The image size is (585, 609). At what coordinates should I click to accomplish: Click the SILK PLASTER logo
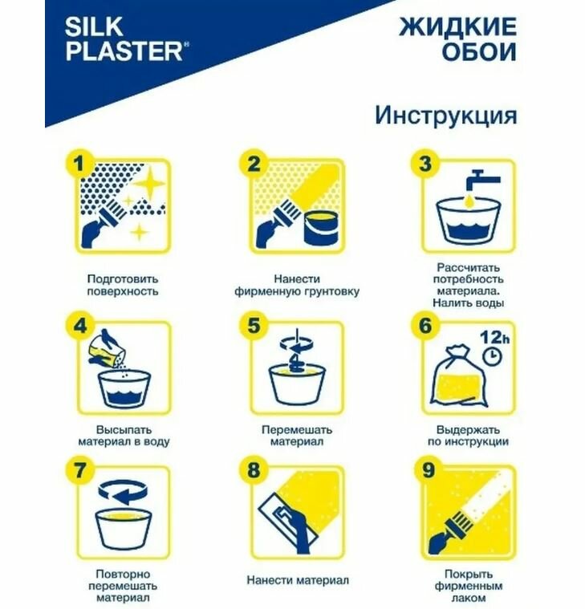pyautogui.click(x=127, y=39)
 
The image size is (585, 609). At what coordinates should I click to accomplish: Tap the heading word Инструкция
pyautogui.click(x=446, y=116)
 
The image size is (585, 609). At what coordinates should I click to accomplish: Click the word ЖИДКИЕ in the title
pyautogui.click(x=458, y=26)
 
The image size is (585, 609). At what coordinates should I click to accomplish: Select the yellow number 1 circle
pyautogui.click(x=79, y=164)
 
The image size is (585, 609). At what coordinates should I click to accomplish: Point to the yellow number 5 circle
pyautogui.click(x=254, y=325)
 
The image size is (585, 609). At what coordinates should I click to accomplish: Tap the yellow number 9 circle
pyautogui.click(x=427, y=470)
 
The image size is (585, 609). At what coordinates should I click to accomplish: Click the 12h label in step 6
pyautogui.click(x=494, y=337)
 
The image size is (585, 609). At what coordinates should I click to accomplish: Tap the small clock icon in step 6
pyautogui.click(x=492, y=357)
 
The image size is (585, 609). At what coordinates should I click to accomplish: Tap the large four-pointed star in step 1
pyautogui.click(x=150, y=183)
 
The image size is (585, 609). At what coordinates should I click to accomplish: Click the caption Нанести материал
pyautogui.click(x=298, y=580)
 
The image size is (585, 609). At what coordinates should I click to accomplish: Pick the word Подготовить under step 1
pyautogui.click(x=123, y=279)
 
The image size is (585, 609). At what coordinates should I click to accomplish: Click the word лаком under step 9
pyautogui.click(x=469, y=597)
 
